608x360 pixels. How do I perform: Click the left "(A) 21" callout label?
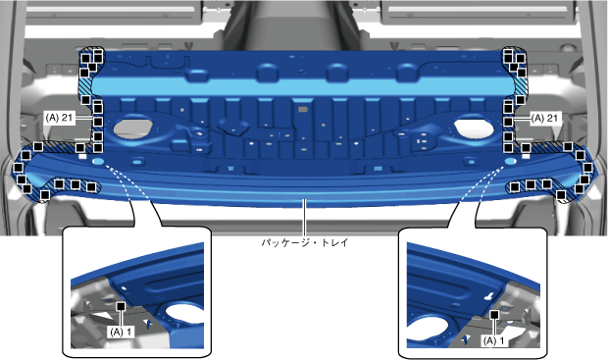(59, 118)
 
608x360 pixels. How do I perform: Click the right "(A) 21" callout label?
(545, 118)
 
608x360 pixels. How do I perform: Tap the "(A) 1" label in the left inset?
(121, 333)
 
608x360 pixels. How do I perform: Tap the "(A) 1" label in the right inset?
(493, 341)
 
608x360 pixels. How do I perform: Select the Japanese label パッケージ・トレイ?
(305, 243)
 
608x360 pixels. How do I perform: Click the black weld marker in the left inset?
(121, 306)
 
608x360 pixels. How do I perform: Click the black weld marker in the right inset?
(494, 314)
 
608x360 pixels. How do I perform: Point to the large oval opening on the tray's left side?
(132, 129)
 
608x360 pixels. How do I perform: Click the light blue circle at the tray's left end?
(98, 161)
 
